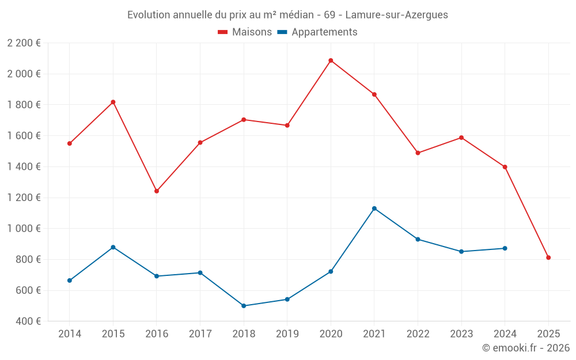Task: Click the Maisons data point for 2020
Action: tap(331, 60)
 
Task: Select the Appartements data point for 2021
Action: tap(374, 209)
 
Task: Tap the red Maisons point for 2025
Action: tap(548, 257)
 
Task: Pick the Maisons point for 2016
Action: tap(157, 191)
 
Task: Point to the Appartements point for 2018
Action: tap(244, 306)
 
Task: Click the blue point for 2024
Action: tap(505, 248)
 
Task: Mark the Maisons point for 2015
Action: tap(113, 102)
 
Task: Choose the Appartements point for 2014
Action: tap(70, 281)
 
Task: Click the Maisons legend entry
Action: tap(245, 32)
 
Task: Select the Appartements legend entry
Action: tap(317, 32)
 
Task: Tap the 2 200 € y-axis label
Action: tap(24, 43)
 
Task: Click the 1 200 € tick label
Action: tap(24, 198)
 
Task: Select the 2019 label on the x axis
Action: tap(287, 334)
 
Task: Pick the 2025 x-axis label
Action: tap(548, 334)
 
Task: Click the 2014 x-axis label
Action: tap(70, 334)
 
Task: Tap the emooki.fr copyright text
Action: tap(525, 348)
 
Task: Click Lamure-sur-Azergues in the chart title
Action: tap(396, 15)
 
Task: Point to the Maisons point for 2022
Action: tap(418, 153)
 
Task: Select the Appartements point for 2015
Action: tap(113, 247)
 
